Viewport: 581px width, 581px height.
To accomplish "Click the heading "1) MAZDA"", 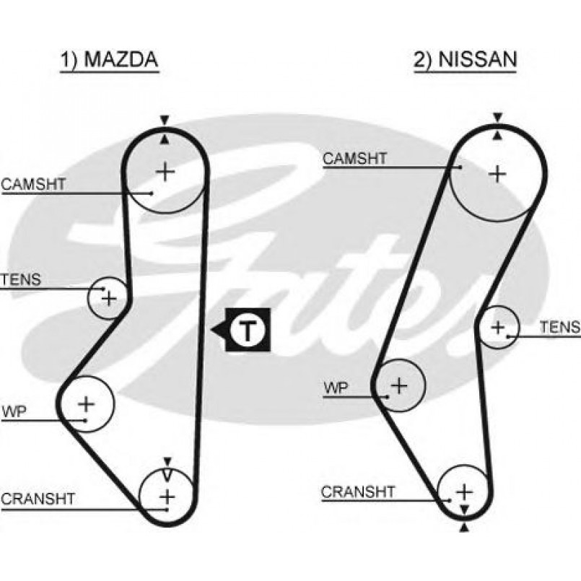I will (108, 61).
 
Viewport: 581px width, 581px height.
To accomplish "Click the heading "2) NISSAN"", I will (466, 61).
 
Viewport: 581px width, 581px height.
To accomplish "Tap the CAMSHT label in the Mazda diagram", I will (33, 184).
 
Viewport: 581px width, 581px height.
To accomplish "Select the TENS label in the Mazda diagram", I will (22, 279).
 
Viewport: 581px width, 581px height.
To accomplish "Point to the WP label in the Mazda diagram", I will (14, 412).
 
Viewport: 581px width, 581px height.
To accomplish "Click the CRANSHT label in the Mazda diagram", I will (38, 498).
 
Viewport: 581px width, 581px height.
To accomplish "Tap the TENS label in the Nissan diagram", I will (560, 328).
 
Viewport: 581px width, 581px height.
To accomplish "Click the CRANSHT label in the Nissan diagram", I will (358, 492).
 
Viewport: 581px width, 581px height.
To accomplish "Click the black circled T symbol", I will (247, 331).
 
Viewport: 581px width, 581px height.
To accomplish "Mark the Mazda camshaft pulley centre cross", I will (166, 171).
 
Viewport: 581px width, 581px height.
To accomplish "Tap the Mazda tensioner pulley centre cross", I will (108, 297).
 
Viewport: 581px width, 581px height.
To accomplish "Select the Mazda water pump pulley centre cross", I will (86, 403).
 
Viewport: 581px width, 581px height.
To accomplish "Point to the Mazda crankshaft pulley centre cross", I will (167, 497).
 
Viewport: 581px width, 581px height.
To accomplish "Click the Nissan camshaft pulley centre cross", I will (497, 173).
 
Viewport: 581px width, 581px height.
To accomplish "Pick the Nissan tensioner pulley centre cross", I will (497, 327).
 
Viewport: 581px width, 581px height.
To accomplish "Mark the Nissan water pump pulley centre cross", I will (399, 385).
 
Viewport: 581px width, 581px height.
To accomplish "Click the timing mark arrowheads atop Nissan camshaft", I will (498, 125).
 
